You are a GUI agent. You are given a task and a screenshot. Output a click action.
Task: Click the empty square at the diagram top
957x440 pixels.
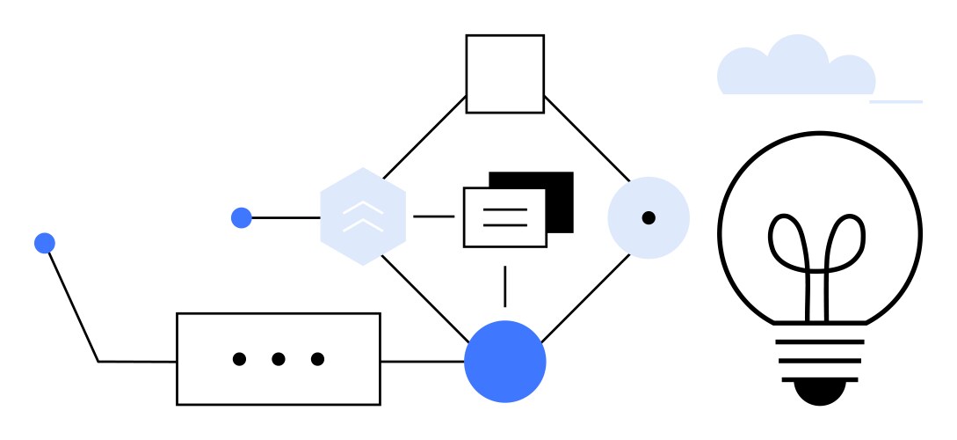tap(504, 74)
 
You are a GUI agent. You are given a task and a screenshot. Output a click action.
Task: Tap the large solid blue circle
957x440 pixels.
tap(505, 361)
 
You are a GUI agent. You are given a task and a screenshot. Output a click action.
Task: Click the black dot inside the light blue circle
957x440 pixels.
tap(649, 217)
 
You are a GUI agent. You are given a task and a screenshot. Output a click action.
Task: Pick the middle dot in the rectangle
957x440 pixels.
tap(279, 359)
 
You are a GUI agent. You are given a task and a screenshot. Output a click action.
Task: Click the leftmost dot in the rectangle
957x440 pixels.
tap(239, 359)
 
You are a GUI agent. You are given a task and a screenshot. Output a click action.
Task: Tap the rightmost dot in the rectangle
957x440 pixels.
tap(317, 359)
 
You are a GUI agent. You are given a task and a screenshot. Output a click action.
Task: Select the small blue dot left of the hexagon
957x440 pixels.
tap(242, 217)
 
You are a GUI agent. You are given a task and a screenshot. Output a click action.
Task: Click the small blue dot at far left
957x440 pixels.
tap(45, 243)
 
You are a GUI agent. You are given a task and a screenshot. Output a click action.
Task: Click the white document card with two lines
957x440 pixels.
tap(504, 217)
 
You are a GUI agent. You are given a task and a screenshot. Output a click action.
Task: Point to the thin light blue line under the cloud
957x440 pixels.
tap(896, 102)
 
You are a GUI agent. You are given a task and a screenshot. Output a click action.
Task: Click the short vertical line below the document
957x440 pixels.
tap(504, 286)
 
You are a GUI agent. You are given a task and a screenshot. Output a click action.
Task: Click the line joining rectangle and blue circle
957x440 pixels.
tap(422, 361)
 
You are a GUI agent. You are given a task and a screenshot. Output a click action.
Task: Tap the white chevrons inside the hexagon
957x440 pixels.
tap(363, 216)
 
